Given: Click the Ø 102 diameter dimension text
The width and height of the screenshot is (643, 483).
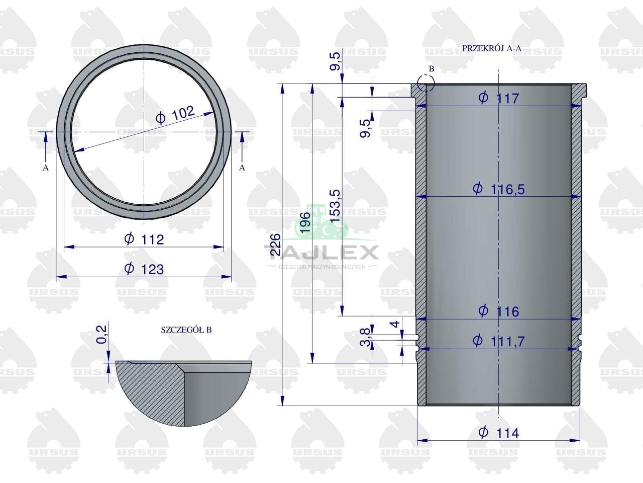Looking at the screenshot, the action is [x=175, y=115].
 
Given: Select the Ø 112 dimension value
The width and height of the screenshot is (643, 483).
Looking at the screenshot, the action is [x=144, y=239].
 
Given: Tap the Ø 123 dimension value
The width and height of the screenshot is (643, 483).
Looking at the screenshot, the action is [x=144, y=269].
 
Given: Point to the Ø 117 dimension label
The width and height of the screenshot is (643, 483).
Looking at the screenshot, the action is [x=499, y=98].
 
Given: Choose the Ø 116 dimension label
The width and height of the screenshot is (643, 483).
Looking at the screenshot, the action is [x=499, y=311].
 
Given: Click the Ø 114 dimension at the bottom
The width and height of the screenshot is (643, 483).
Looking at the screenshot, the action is [x=499, y=433].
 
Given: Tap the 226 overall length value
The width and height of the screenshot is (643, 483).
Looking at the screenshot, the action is [x=275, y=245].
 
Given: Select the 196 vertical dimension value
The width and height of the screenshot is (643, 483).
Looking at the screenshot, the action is [x=304, y=222].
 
